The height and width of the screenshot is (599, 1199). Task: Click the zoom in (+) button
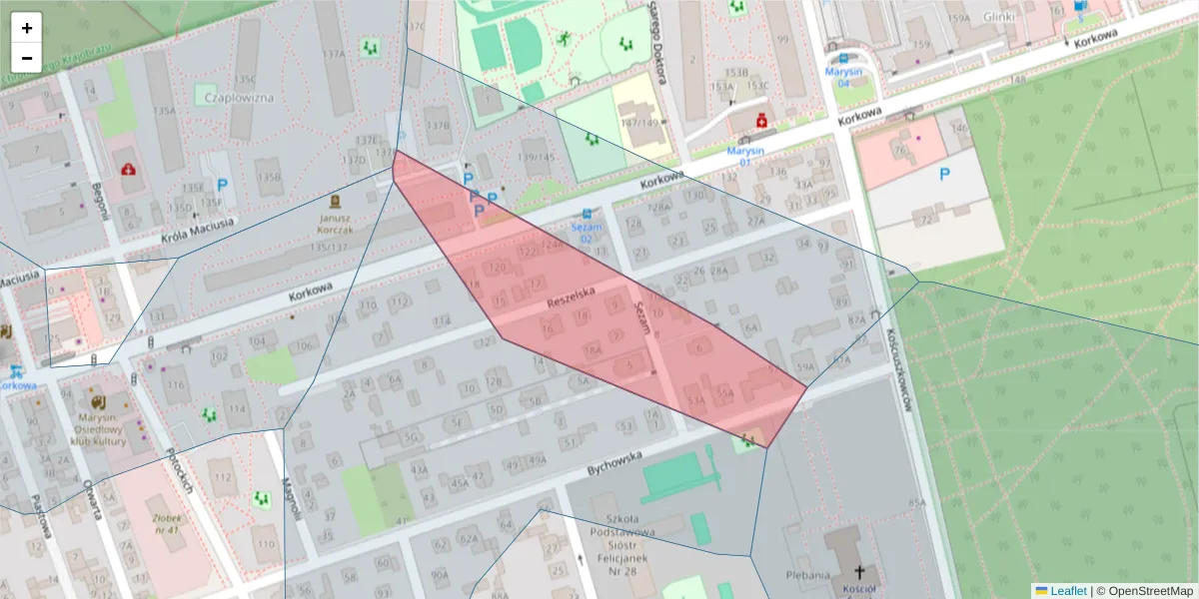[x=27, y=28]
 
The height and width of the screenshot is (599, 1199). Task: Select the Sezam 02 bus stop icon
[x=587, y=214]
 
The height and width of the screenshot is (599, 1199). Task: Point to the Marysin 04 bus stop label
[x=843, y=76]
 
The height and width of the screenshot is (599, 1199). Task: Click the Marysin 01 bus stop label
[x=745, y=156]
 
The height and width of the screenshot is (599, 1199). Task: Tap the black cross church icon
[x=859, y=573]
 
